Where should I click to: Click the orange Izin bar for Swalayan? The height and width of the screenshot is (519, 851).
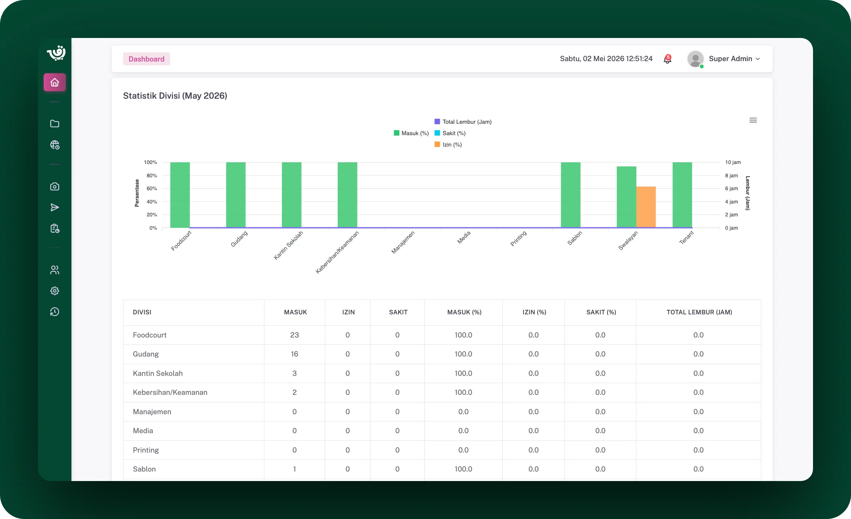646,207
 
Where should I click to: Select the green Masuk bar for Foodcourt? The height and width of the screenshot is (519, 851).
180,195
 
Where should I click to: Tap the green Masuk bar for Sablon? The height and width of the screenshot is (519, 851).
571,195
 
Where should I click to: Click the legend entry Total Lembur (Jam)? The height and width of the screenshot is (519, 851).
463,122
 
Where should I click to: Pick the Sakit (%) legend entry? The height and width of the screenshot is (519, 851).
450,133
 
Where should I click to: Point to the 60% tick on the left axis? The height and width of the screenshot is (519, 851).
152,189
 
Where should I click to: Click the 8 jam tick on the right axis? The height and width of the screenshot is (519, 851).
731,175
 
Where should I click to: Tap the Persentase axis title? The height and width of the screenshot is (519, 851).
137,193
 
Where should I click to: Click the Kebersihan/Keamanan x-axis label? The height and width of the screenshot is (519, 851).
337,252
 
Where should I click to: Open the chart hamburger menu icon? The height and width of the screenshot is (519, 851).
753,120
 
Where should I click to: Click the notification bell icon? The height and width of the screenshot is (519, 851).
667,59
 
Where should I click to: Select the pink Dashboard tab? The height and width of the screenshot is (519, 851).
146,59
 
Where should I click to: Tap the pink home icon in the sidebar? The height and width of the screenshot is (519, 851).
55,82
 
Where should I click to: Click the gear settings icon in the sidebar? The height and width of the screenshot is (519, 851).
55,291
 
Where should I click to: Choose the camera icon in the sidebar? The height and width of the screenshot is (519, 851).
55,186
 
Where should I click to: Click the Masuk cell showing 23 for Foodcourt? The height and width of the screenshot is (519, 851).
294,335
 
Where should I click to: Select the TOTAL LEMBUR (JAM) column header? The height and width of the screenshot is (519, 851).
699,312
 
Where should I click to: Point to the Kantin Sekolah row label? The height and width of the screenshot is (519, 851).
158,374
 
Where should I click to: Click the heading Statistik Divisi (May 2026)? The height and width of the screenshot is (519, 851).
175,96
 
